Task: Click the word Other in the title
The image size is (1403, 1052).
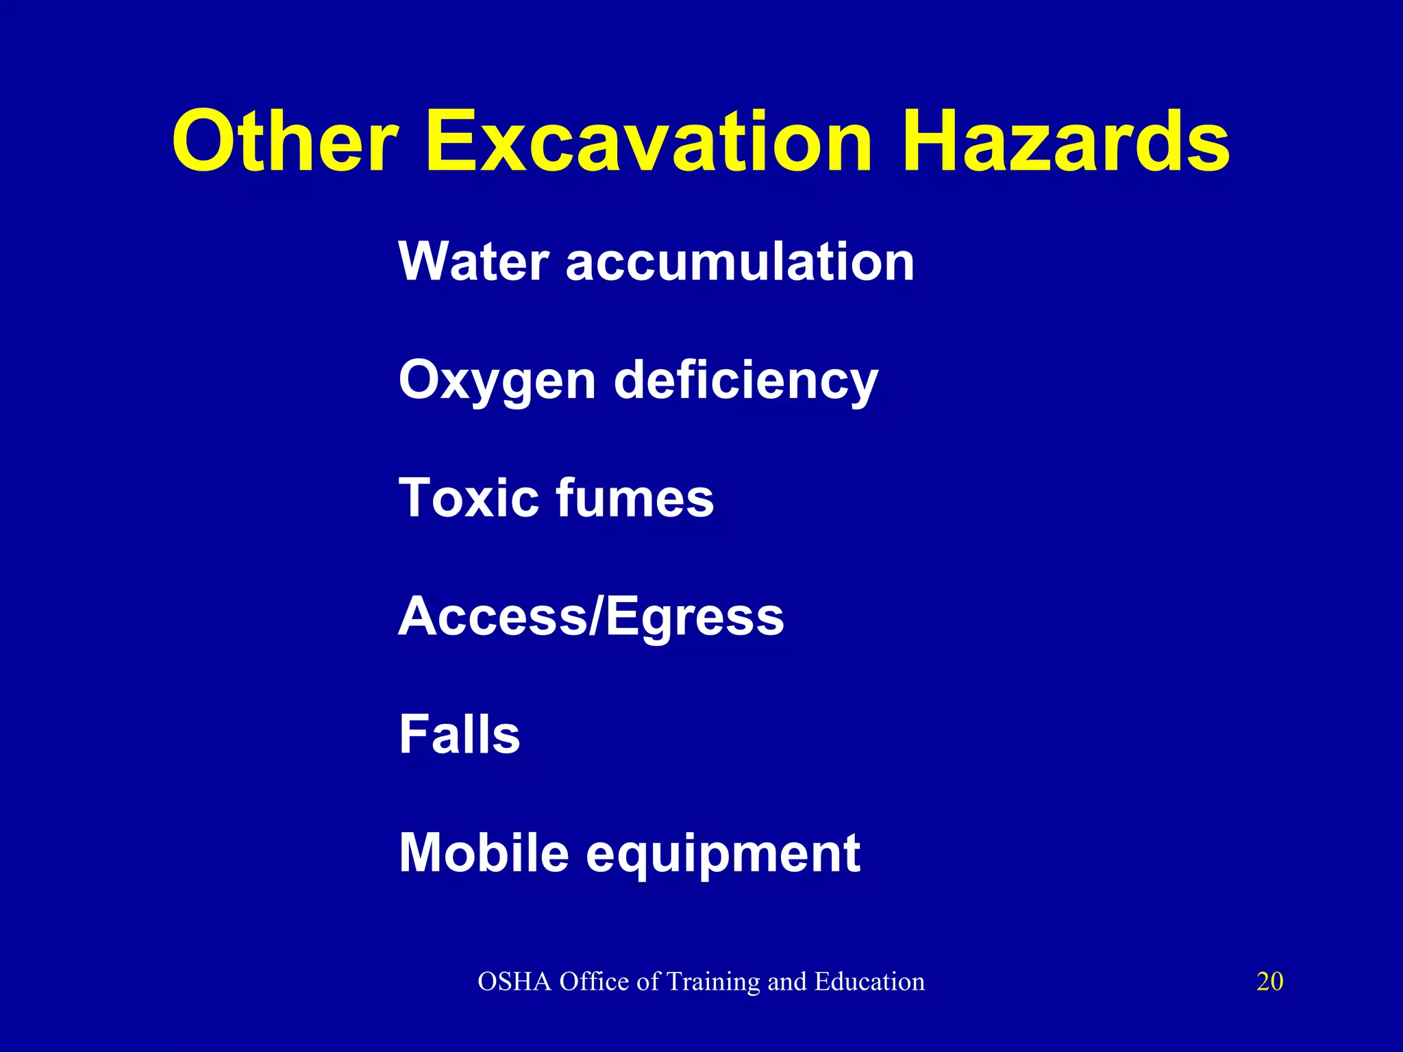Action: pyautogui.click(x=285, y=142)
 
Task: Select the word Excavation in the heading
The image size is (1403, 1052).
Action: pyautogui.click(x=648, y=142)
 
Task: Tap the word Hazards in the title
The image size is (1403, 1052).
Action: pyautogui.click(x=1065, y=142)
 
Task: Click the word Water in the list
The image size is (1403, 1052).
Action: pyautogui.click(x=473, y=262)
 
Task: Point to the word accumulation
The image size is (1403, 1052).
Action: pyautogui.click(x=740, y=262)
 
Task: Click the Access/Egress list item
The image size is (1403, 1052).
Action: pyautogui.click(x=591, y=616)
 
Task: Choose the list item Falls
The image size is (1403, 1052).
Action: pyautogui.click(x=459, y=734)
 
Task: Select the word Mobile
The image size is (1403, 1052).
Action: pyautogui.click(x=484, y=853)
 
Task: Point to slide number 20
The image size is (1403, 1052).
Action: pyautogui.click(x=1269, y=981)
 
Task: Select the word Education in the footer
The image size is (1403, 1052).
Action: pyautogui.click(x=869, y=981)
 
